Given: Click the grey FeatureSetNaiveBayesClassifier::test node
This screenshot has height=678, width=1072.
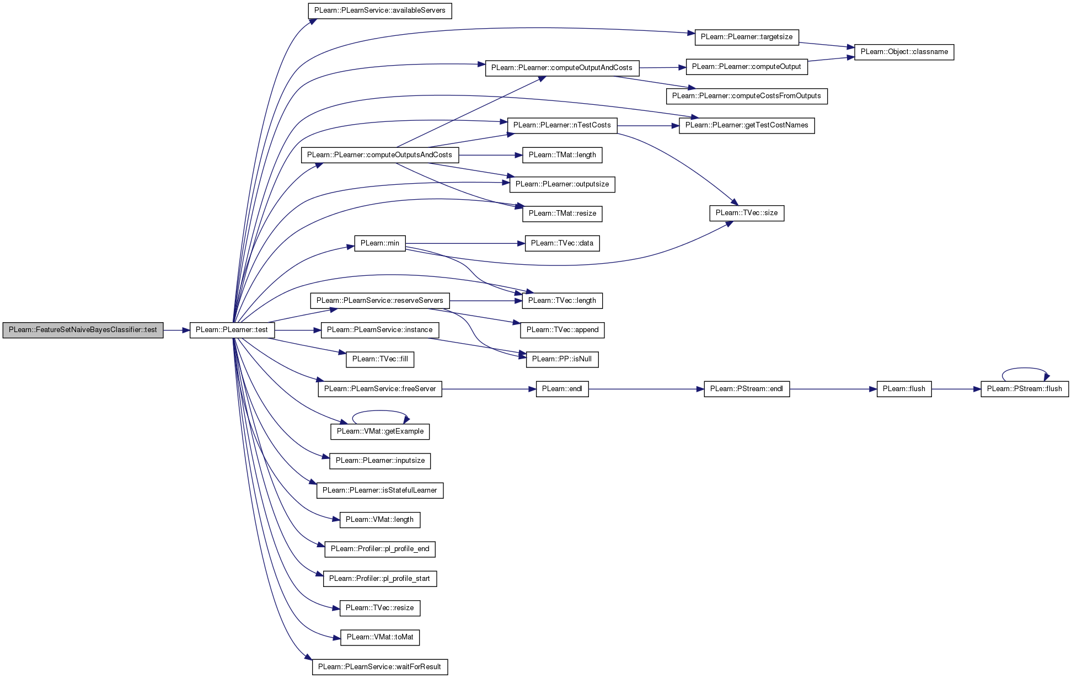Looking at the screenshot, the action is point(83,330).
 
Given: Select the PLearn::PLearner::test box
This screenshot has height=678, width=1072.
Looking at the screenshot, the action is point(232,330).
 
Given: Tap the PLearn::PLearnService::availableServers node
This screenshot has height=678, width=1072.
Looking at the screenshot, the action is point(380,10).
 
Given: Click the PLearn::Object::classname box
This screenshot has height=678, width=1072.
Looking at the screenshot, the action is point(904,52).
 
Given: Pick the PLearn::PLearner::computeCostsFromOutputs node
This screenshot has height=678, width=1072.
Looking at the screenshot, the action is point(747,96).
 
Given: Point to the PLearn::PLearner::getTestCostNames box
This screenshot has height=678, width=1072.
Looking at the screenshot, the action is point(747,125).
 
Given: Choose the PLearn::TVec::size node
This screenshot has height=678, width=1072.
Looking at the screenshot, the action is point(747,213).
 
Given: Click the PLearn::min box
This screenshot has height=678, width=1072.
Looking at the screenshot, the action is point(380,243).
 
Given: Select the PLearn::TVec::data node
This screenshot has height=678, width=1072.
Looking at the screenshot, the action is point(562,243).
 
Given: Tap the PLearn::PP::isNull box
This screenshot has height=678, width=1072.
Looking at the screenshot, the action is point(562,359).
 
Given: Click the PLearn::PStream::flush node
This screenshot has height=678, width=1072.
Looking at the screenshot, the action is point(1025,389).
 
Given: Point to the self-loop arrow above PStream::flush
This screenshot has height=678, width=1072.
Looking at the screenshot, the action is point(1025,369).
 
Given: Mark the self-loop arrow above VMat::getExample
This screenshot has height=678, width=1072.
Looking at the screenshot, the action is point(380,411).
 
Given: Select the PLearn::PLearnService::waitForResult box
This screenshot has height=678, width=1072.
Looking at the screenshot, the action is point(380,667).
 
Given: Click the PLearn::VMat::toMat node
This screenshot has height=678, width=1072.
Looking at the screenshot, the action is point(380,637).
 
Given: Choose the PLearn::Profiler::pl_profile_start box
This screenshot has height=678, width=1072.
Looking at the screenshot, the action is point(380,579).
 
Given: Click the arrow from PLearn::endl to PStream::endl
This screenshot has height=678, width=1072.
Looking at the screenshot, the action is point(646,389).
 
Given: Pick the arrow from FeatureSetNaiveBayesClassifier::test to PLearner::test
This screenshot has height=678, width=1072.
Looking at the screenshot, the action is point(176,330).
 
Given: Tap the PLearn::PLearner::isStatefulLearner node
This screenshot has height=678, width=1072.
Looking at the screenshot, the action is point(380,490).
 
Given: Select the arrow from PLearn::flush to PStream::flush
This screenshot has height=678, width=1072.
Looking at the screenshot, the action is point(956,389).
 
